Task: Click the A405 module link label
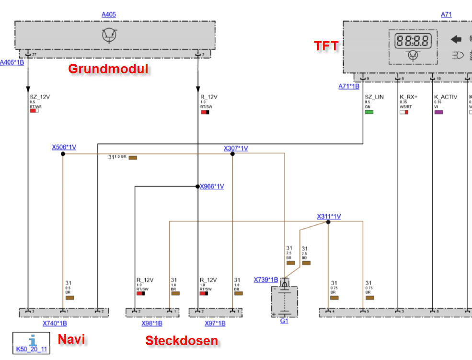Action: [x=109, y=14]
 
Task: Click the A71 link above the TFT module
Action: [x=446, y=14]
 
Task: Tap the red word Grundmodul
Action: [x=108, y=69]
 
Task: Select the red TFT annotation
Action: [x=326, y=46]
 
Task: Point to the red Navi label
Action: [x=71, y=339]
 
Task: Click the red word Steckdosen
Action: [x=182, y=341]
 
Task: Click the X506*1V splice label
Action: [x=64, y=148]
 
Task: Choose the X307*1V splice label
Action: [x=236, y=149]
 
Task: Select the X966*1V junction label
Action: [x=212, y=186]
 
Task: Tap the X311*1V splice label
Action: [x=329, y=217]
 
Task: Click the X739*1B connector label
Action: [x=266, y=280]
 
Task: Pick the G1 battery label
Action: [x=284, y=321]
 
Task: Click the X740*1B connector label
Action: [x=55, y=324]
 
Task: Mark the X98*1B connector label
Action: [x=152, y=324]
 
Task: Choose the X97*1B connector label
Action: [x=215, y=324]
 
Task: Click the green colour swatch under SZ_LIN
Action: [x=369, y=112]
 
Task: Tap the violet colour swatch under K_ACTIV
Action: [x=438, y=112]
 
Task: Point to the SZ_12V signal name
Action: [x=40, y=97]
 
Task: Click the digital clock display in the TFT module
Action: [x=413, y=40]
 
